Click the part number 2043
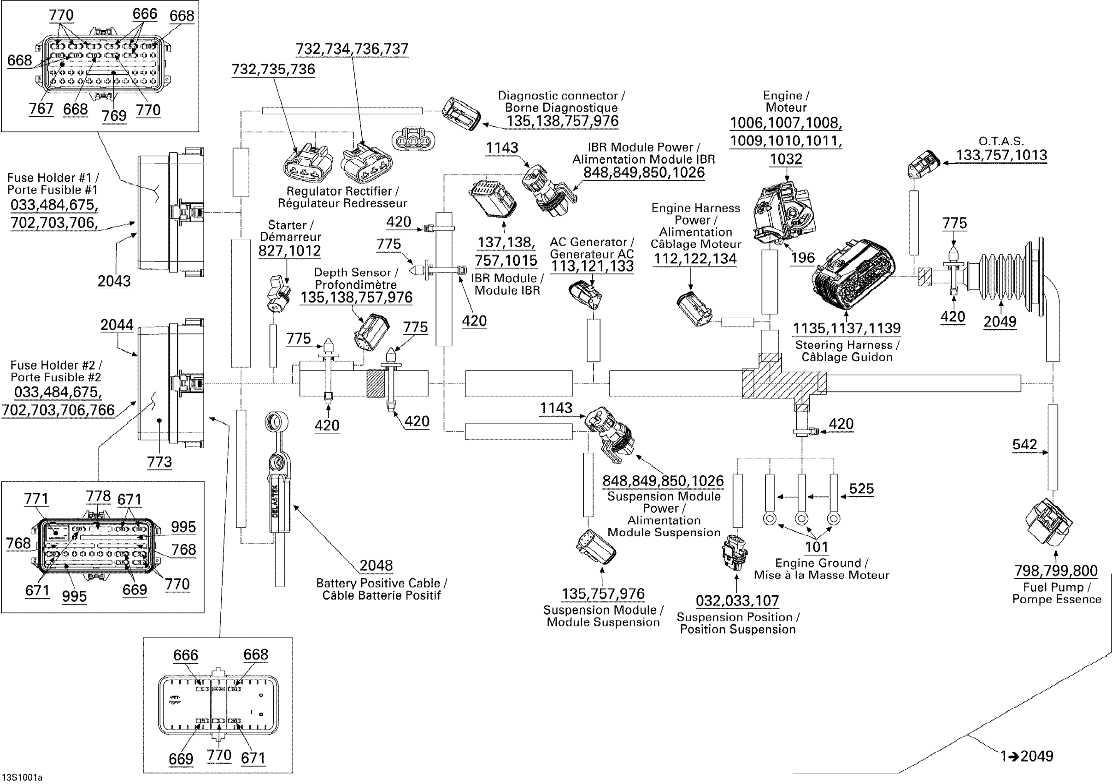pyautogui.click(x=114, y=281)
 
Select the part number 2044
pyautogui.click(x=117, y=325)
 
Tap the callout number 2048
pyautogui.click(x=376, y=565)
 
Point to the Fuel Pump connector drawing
pyautogui.click(x=1049, y=524)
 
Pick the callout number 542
pyautogui.click(x=1024, y=444)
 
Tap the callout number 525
pyautogui.click(x=861, y=488)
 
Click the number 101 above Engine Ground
pyautogui.click(x=817, y=547)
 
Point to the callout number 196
pyautogui.click(x=802, y=258)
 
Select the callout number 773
pyautogui.click(x=159, y=462)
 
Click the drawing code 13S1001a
pyautogui.click(x=22, y=778)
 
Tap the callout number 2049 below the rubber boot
pyautogui.click(x=1000, y=322)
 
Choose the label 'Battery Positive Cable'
pyautogui.click(x=378, y=583)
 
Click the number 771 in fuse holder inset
pyautogui.click(x=36, y=499)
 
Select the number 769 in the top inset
pyautogui.click(x=114, y=116)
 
